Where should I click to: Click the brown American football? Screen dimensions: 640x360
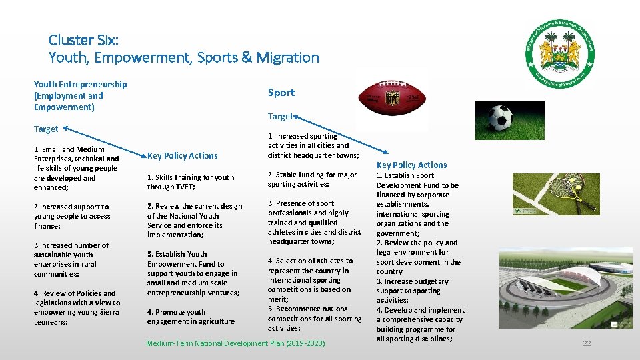pyautogui.click(x=391, y=99)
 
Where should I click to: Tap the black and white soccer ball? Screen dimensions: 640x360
pyautogui.click(x=500, y=119)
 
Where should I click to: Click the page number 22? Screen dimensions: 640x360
pyautogui.click(x=587, y=343)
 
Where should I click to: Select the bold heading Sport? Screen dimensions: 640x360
pyautogui.click(x=281, y=92)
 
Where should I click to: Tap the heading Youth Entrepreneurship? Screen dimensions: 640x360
pyautogui.click(x=81, y=84)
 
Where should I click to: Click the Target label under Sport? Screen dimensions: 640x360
pyautogui.click(x=280, y=117)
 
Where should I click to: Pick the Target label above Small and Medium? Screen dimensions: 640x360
pyautogui.click(x=46, y=129)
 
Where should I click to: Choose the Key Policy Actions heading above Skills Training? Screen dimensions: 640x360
pyautogui.click(x=182, y=155)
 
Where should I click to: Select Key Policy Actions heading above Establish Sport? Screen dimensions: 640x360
pyautogui.click(x=411, y=165)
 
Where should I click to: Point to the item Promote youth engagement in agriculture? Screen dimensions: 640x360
pyautogui.click(x=191, y=317)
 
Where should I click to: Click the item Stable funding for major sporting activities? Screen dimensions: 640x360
pyautogui.click(x=312, y=179)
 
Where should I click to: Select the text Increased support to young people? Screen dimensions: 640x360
pyautogui.click(x=71, y=216)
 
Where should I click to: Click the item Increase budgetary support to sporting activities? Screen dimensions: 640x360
pyautogui.click(x=411, y=291)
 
